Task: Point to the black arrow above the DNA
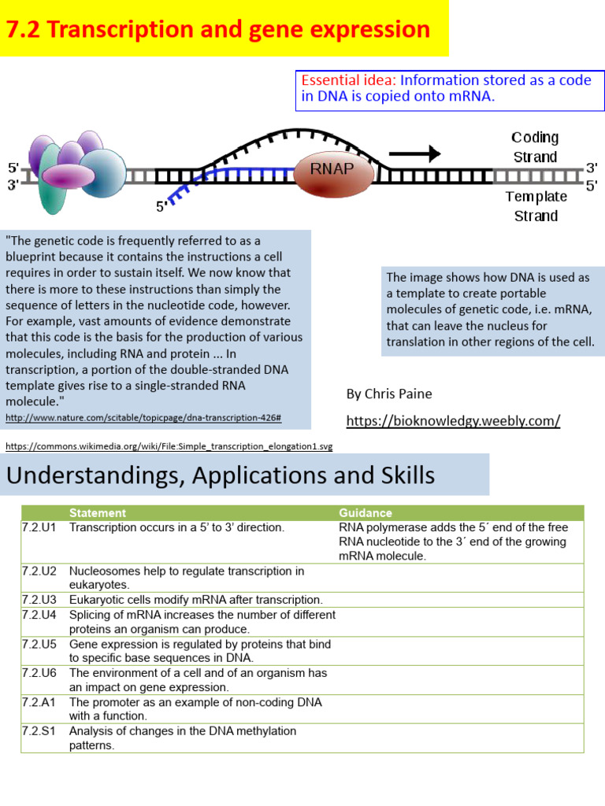[x=414, y=153]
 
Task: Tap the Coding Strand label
[x=535, y=147]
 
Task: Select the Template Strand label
[x=536, y=206]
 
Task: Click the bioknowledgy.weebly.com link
[x=453, y=421]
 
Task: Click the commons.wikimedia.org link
[x=169, y=446]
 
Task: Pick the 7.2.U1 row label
[x=39, y=527]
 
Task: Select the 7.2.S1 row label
[x=39, y=731]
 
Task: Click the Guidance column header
[x=365, y=513]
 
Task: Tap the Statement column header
[x=97, y=513]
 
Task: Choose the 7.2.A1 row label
[x=39, y=702]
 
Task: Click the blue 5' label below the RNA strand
[x=161, y=207]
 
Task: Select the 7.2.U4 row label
[x=39, y=615]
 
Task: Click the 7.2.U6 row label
[x=39, y=673]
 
